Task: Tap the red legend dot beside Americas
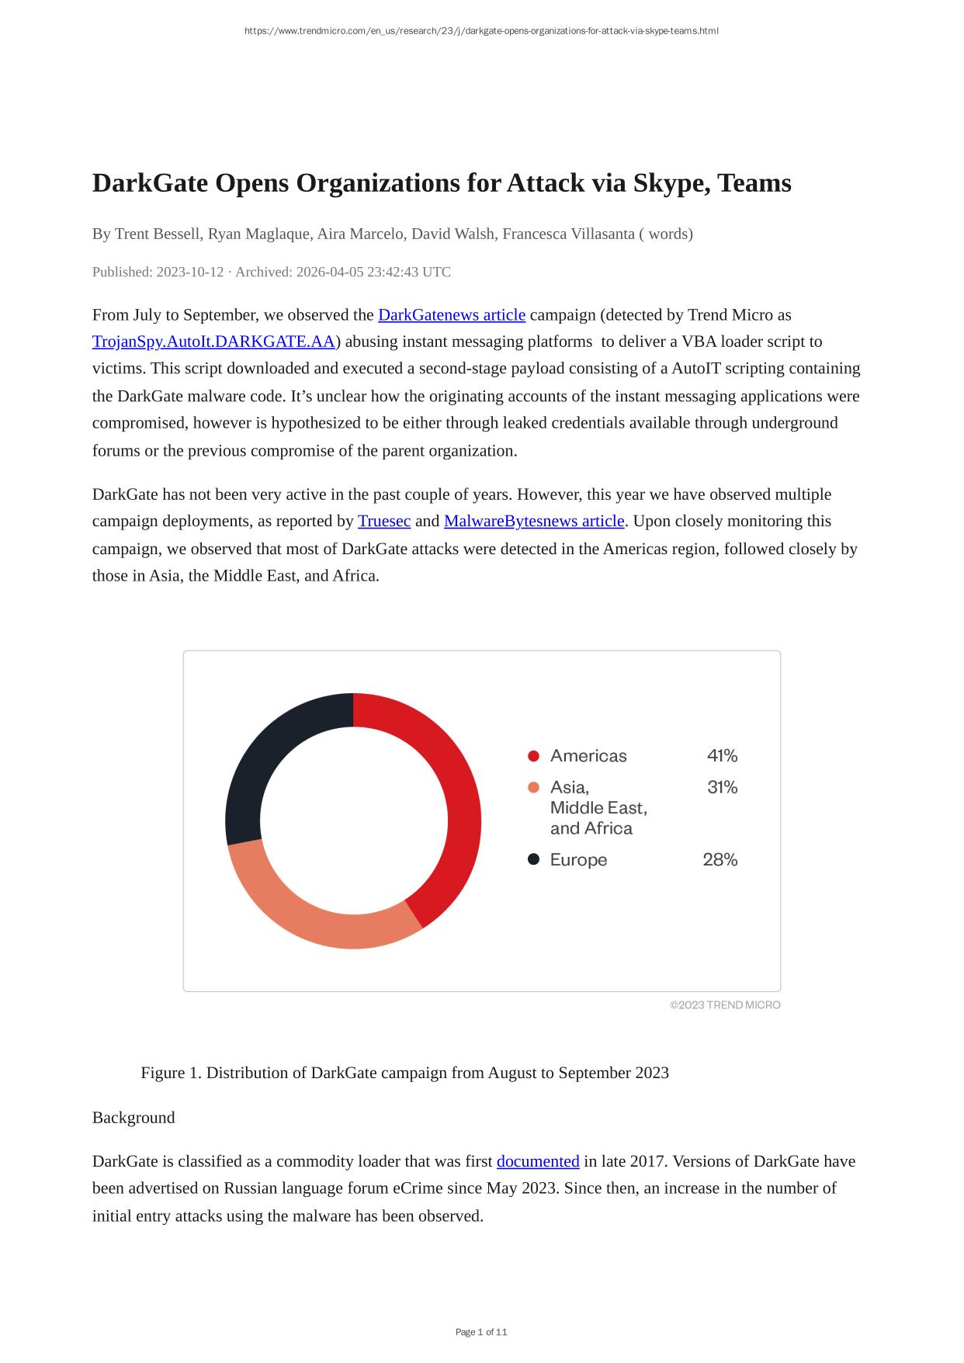pyautogui.click(x=533, y=756)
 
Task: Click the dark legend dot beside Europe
pyautogui.click(x=533, y=859)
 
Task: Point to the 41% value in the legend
pyautogui.click(x=722, y=755)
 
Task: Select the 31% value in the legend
pyautogui.click(x=722, y=787)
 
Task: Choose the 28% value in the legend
pyautogui.click(x=720, y=859)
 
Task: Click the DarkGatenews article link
pyautogui.click(x=451, y=314)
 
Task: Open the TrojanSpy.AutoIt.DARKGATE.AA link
pyautogui.click(x=213, y=342)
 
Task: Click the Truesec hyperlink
pyautogui.click(x=383, y=521)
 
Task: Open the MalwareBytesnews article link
pyautogui.click(x=533, y=521)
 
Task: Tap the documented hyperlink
pyautogui.click(x=537, y=1161)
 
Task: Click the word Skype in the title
pyautogui.click(x=669, y=183)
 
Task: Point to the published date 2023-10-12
pyautogui.click(x=189, y=272)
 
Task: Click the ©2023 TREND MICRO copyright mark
pyautogui.click(x=725, y=1005)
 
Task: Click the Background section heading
pyautogui.click(x=134, y=1117)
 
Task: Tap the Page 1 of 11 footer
pyautogui.click(x=481, y=1332)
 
